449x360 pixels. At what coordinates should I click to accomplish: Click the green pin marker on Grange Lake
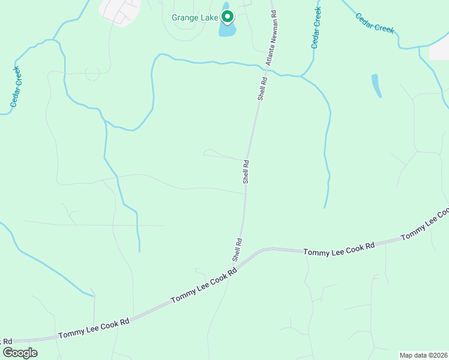click(227, 16)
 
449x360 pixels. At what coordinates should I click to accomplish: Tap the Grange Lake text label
click(194, 17)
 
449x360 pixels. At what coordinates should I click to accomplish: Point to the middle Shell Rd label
click(246, 171)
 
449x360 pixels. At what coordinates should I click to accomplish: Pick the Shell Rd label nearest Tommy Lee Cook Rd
click(238, 250)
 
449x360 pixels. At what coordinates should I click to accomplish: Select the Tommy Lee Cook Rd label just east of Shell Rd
click(339, 248)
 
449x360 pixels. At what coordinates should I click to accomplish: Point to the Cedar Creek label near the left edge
click(15, 87)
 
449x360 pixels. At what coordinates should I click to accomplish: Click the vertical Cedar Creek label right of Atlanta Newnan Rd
click(316, 28)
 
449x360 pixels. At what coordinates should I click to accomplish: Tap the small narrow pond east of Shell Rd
click(376, 86)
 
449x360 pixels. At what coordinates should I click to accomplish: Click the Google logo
click(20, 353)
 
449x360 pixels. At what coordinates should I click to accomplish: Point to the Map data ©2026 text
click(423, 355)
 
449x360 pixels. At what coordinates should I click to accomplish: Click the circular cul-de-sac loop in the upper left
click(92, 73)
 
